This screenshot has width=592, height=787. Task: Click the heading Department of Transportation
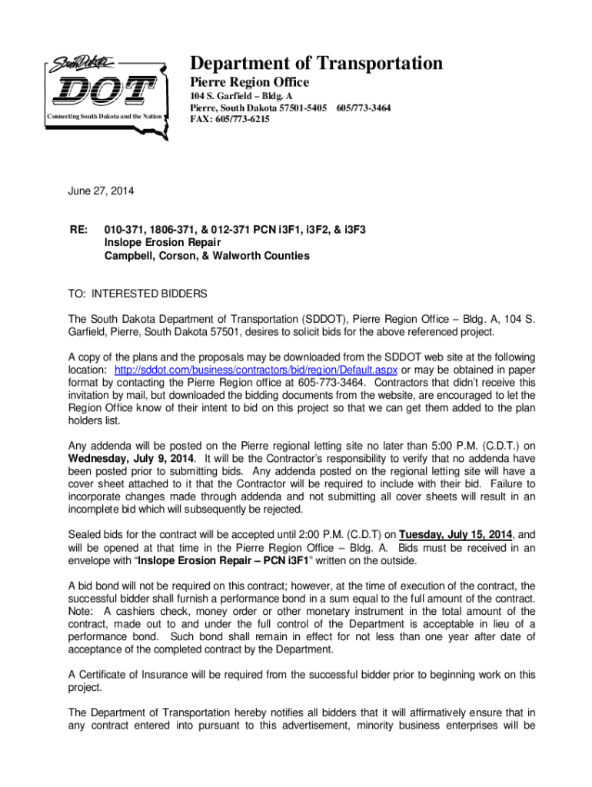(x=316, y=63)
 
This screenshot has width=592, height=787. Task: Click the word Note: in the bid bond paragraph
(x=81, y=611)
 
